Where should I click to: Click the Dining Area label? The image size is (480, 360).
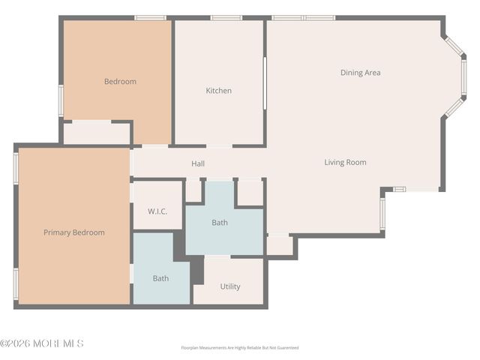[x=360, y=73]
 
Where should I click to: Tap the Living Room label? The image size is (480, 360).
[x=345, y=162]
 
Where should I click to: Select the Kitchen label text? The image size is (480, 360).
[x=218, y=91]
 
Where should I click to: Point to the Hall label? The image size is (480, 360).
[x=198, y=163]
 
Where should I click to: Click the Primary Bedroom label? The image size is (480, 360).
[x=73, y=232]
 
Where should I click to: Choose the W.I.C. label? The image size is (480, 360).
[x=157, y=211]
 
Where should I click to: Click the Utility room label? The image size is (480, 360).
[x=230, y=286]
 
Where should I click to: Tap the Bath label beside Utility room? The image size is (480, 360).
[x=160, y=278]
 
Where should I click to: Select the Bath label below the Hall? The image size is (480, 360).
[x=220, y=223]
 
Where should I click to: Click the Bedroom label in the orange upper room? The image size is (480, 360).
[x=120, y=82]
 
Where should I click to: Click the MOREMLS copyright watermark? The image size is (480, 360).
[x=42, y=343]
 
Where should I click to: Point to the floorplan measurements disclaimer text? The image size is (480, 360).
[x=239, y=348]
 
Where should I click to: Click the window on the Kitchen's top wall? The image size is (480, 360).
[x=226, y=17]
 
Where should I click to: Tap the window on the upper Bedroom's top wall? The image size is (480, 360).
[x=150, y=17]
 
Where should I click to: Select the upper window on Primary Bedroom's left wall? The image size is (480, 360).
[x=16, y=168]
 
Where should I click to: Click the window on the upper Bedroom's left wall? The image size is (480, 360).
[x=61, y=100]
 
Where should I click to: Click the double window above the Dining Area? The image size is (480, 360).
[x=304, y=17]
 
